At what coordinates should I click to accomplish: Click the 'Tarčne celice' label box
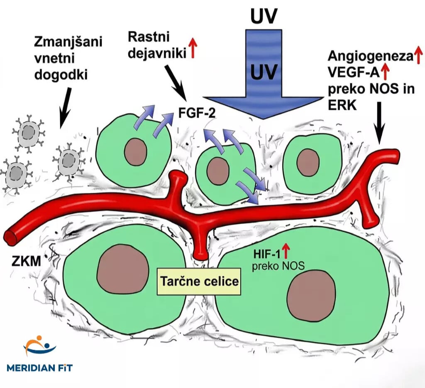[x=199, y=282]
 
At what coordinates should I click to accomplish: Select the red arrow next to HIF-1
[x=286, y=252]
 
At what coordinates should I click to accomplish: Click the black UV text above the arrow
[x=264, y=17]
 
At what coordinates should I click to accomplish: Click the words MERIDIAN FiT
[x=40, y=367]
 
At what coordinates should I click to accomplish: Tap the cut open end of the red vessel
[x=10, y=237]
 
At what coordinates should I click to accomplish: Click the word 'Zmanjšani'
[x=69, y=42]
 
